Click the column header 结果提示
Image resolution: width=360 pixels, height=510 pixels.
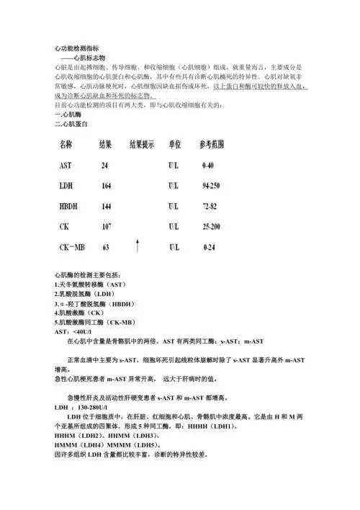coord(141,144)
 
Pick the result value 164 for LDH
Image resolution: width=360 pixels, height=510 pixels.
coord(106,186)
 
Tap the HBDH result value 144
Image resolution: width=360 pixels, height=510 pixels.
coord(106,206)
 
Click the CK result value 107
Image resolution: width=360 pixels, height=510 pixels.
coord(106,226)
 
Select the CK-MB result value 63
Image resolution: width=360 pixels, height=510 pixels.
coord(105,247)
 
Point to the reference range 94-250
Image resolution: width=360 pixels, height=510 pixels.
coord(211,186)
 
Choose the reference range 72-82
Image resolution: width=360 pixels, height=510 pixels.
coord(210,206)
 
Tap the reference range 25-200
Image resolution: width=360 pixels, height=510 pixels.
coord(211,226)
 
